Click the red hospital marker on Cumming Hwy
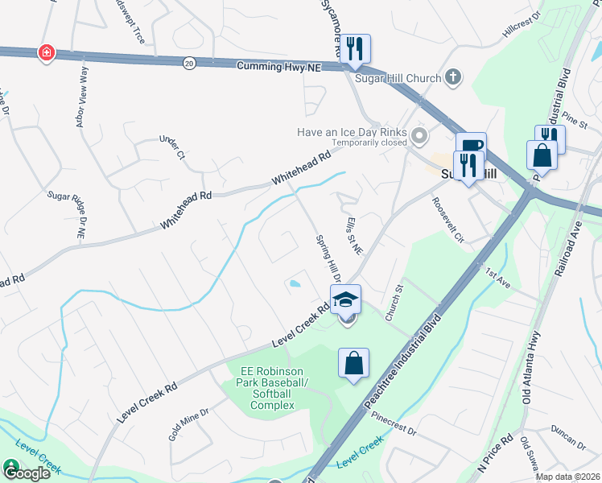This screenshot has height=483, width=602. (47, 53)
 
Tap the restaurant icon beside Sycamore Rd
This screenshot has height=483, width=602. (354, 48)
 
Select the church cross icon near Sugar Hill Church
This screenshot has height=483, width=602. (452, 77)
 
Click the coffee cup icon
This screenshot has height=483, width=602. (471, 146)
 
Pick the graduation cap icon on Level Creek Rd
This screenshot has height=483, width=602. (345, 299)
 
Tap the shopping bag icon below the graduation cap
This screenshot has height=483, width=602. (353, 363)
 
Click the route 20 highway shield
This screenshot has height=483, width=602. (188, 62)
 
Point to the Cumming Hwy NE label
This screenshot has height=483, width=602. (279, 68)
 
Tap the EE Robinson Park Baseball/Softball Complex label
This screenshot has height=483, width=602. (268, 388)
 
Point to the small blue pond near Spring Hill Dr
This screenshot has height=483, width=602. (295, 283)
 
